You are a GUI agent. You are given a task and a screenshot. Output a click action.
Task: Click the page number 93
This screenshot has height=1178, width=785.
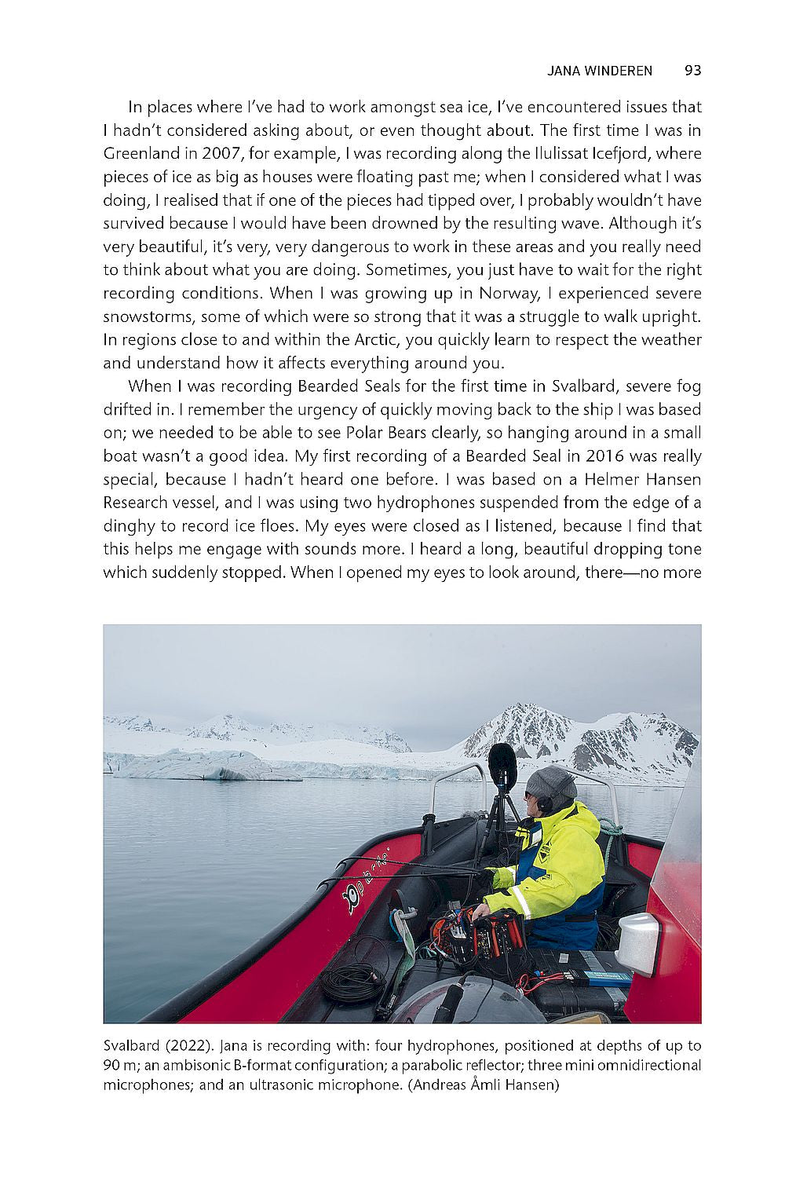tap(692, 71)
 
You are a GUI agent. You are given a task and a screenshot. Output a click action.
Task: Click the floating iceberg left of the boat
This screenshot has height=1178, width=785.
tap(204, 765)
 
